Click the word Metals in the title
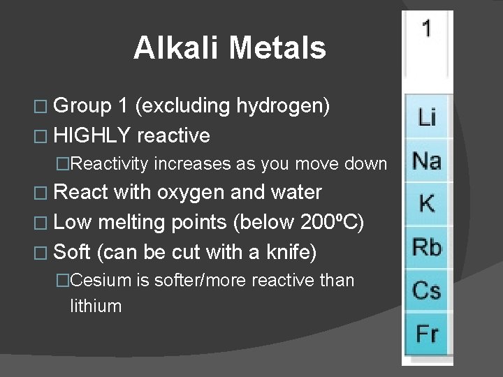pyautogui.click(x=277, y=48)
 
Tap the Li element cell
pyautogui.click(x=427, y=116)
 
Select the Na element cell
pyautogui.click(x=427, y=161)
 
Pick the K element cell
pyautogui.click(x=427, y=204)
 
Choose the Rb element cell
pyautogui.click(x=427, y=247)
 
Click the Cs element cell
pyautogui.click(x=427, y=290)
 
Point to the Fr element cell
pyautogui.click(x=427, y=333)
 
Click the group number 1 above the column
pyautogui.click(x=427, y=29)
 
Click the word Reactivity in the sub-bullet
pyautogui.click(x=110, y=164)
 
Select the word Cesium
pyautogui.click(x=101, y=281)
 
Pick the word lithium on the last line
pyautogui.click(x=96, y=306)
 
